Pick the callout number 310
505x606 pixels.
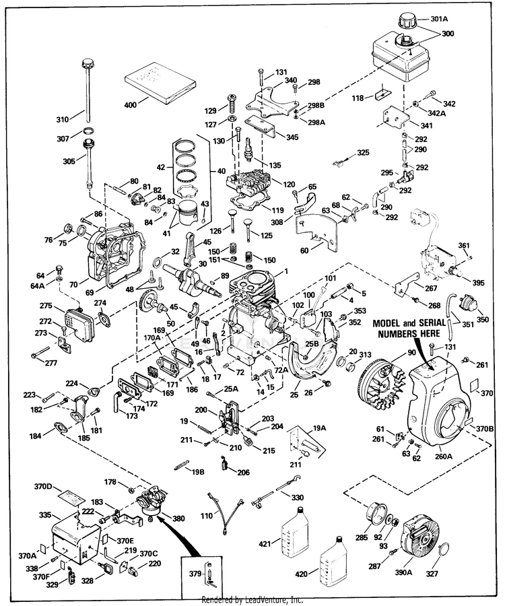[x=63, y=120]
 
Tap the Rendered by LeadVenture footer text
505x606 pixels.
[x=252, y=600]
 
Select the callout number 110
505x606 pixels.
[x=207, y=516]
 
